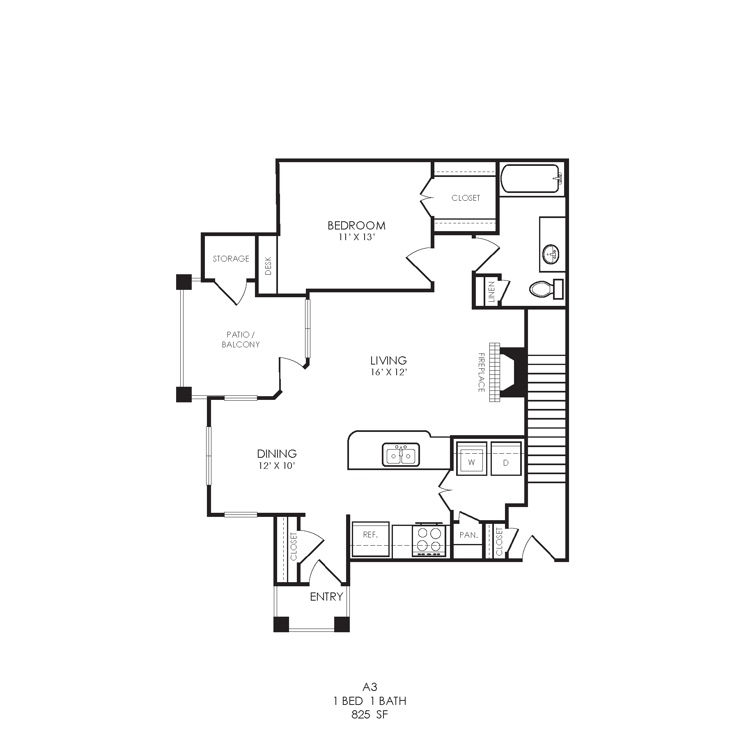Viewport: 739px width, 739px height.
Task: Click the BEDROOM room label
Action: point(356,225)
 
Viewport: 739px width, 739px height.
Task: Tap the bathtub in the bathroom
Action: point(530,179)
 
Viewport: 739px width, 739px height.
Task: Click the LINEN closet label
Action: point(491,291)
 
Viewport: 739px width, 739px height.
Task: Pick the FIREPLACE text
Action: point(481,372)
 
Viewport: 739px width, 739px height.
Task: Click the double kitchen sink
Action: point(401,454)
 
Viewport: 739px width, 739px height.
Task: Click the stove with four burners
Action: point(429,540)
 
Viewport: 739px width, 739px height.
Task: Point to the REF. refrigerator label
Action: point(370,535)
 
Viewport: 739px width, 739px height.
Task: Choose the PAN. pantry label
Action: point(468,535)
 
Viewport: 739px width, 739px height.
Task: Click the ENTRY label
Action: point(326,597)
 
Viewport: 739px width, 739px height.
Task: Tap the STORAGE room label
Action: point(231,259)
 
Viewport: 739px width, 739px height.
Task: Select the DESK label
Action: point(269,266)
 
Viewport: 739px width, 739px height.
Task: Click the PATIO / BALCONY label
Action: point(241,340)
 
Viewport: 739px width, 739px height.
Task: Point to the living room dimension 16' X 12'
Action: point(388,372)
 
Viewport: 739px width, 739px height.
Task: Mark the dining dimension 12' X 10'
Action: point(277,466)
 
